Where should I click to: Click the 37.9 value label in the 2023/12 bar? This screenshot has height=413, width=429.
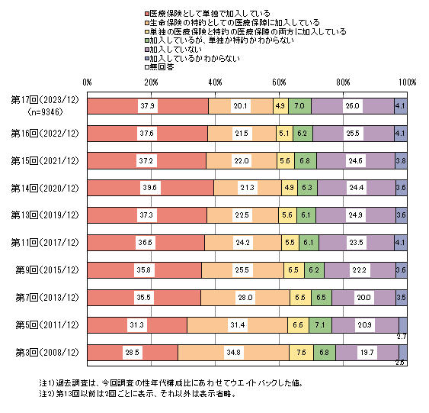click(x=148, y=106)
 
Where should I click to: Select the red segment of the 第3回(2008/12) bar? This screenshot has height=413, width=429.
click(x=133, y=353)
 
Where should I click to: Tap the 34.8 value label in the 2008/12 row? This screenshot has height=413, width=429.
click(x=234, y=352)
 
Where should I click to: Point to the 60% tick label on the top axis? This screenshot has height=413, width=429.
click(x=279, y=82)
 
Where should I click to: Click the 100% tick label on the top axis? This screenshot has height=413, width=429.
click(x=407, y=82)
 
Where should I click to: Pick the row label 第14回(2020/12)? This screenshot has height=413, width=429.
click(x=45, y=189)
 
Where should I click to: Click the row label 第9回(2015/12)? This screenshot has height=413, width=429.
click(x=47, y=270)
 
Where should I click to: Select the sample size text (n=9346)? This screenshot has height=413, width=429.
click(x=46, y=112)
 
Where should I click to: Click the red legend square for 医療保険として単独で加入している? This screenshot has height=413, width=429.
click(x=147, y=14)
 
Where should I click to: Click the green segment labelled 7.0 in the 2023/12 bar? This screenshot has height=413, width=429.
click(x=300, y=106)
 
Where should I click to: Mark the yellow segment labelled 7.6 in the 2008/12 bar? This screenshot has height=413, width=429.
click(x=301, y=353)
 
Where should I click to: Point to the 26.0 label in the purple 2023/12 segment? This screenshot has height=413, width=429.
click(x=353, y=106)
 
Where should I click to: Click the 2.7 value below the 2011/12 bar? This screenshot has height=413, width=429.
click(x=402, y=337)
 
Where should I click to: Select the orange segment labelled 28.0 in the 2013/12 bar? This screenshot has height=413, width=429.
click(x=245, y=298)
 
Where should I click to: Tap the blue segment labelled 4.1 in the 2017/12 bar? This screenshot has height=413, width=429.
click(x=401, y=243)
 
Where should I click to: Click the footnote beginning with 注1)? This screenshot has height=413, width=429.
click(x=171, y=383)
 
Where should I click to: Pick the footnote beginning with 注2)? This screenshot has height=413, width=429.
click(x=138, y=394)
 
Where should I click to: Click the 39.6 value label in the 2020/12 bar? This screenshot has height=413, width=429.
click(x=150, y=188)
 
